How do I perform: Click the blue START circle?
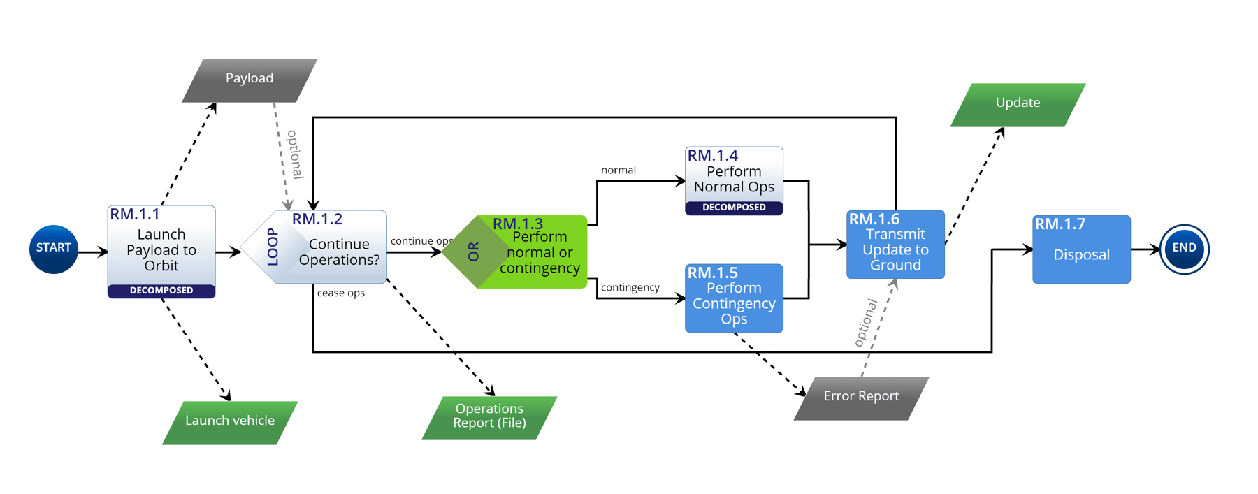click(53, 249)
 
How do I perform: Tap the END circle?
click(1184, 249)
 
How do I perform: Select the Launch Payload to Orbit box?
click(161, 249)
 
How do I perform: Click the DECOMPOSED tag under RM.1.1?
click(161, 291)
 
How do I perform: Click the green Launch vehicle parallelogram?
click(229, 421)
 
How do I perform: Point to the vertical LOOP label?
click(273, 247)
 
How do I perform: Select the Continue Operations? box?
click(339, 252)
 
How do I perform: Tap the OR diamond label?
click(473, 252)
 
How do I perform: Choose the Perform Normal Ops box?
click(734, 179)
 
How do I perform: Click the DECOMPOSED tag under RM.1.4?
click(734, 208)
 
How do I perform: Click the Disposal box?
click(1081, 250)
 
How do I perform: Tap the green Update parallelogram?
click(1018, 104)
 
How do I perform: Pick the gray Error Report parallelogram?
click(861, 398)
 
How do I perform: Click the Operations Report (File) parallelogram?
click(489, 416)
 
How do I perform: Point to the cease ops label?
click(341, 293)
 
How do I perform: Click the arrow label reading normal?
click(619, 170)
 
